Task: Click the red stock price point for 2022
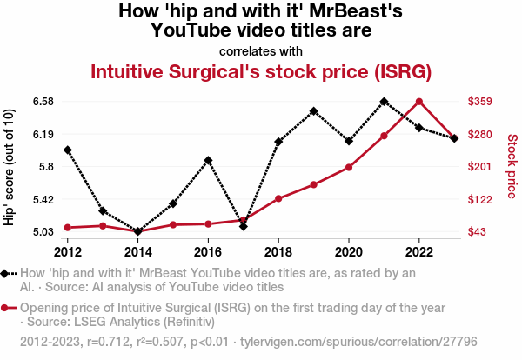[419, 102]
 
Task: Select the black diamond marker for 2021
[384, 102]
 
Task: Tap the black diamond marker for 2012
[68, 150]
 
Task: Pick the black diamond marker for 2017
[244, 227]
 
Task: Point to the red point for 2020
[349, 167]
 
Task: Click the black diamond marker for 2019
[313, 111]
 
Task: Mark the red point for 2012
[68, 228]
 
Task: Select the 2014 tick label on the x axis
[137, 251]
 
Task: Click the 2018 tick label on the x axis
[278, 251]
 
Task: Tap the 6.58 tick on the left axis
[43, 102]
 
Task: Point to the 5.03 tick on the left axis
[43, 231]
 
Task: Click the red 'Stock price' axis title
[512, 165]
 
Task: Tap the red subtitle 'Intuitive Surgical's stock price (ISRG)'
[261, 71]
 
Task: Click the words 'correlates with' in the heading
[261, 50]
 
